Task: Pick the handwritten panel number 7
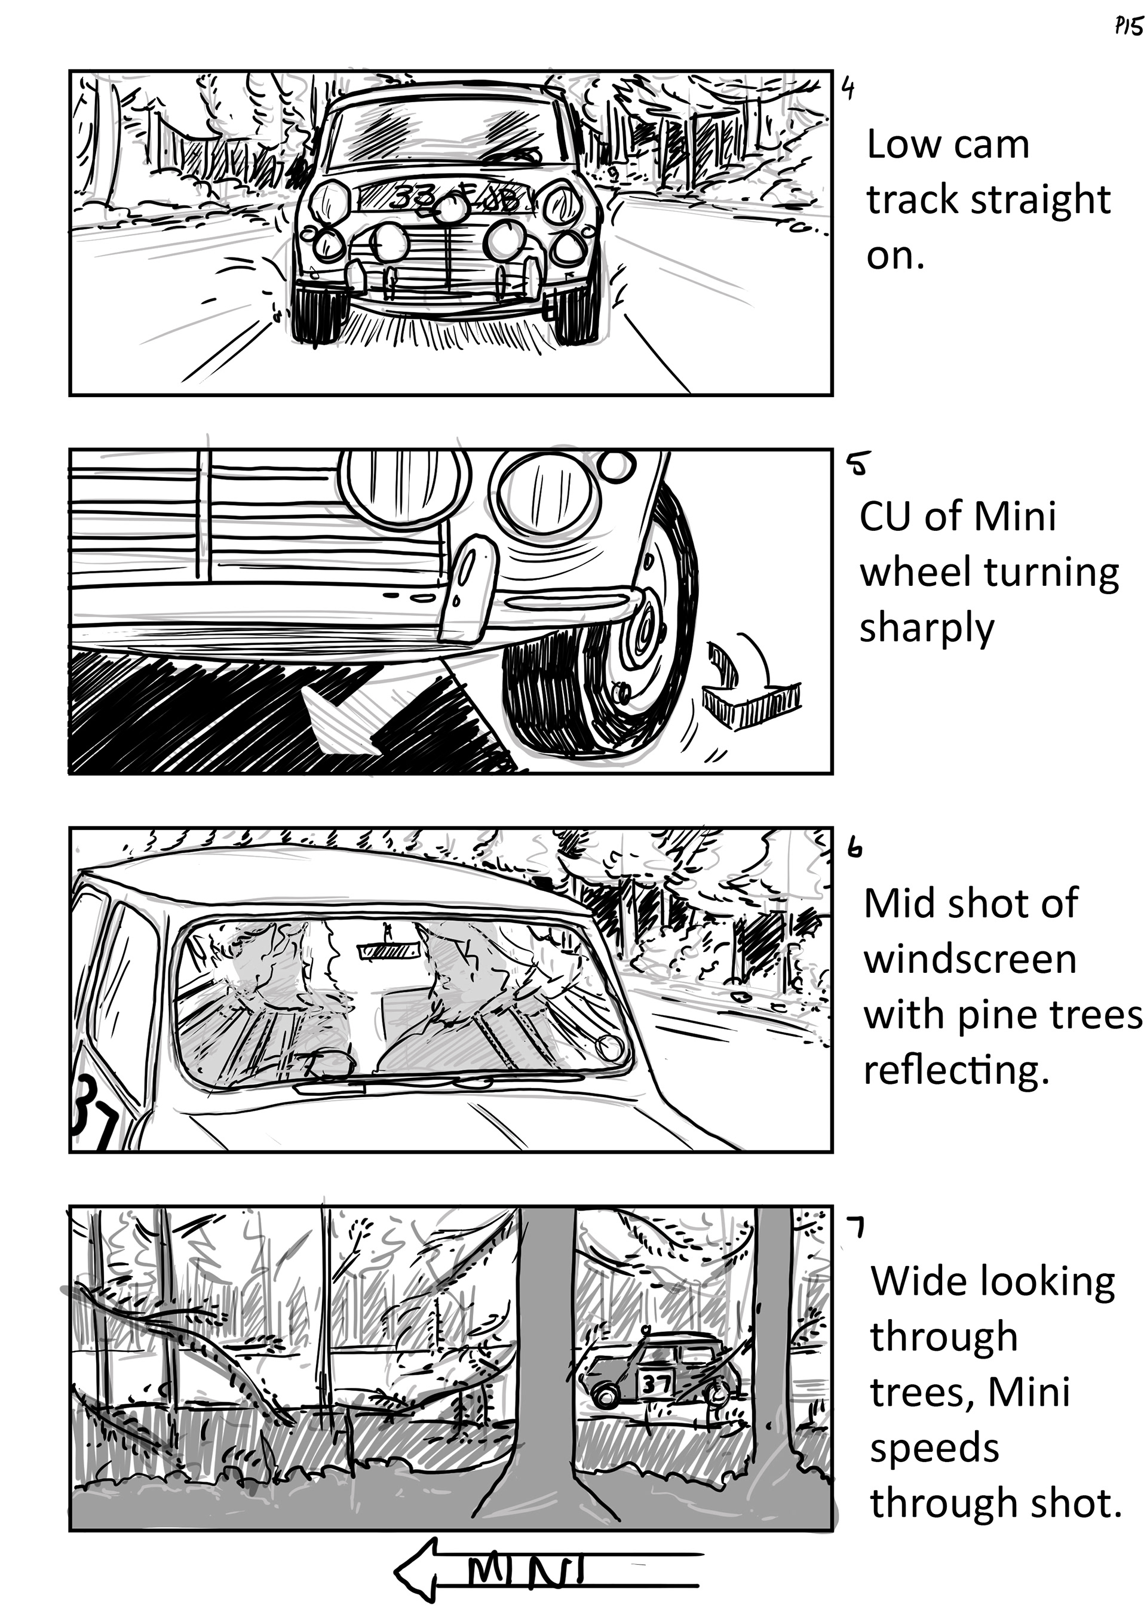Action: [857, 1228]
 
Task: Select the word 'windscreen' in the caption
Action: [970, 960]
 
